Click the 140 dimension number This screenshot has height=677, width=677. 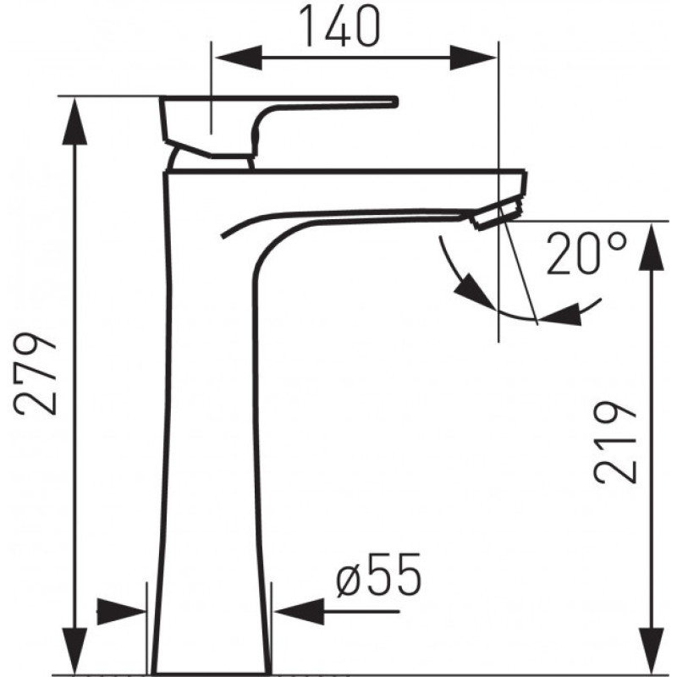(340, 26)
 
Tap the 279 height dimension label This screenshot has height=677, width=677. (36, 374)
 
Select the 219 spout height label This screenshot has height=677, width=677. (615, 442)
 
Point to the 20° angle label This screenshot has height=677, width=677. (586, 254)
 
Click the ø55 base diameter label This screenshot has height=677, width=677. (378, 575)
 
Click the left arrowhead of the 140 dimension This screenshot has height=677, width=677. (239, 58)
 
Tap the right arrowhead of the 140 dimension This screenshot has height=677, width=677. (473, 58)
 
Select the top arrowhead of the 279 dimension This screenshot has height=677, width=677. (74, 121)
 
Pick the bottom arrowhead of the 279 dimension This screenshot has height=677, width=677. (74, 650)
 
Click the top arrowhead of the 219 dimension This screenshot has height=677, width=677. (651, 246)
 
